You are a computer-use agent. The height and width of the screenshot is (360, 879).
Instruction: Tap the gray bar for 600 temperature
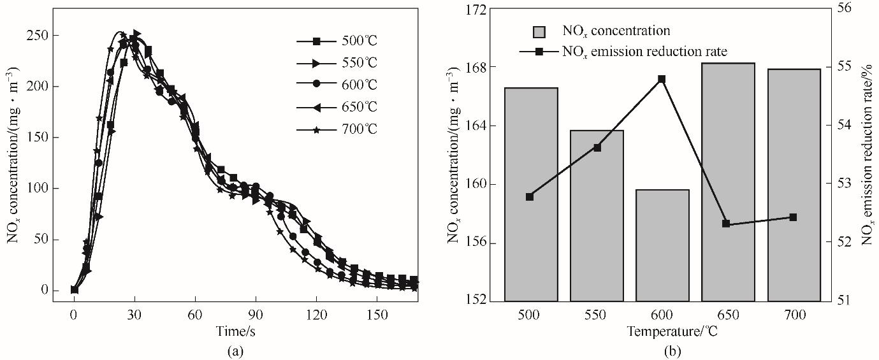662,245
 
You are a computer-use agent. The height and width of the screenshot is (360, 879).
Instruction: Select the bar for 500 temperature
531,194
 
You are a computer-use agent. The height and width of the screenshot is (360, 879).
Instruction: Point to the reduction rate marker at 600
662,79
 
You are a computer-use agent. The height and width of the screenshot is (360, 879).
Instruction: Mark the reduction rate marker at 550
597,148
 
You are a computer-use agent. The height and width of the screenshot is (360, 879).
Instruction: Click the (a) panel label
232,350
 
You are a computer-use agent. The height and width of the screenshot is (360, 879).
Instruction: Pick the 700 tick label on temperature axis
793,315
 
